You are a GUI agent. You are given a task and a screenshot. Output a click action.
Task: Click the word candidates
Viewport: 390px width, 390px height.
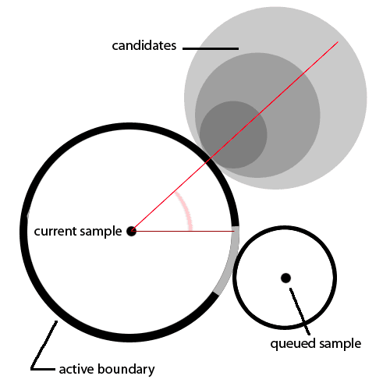(144, 46)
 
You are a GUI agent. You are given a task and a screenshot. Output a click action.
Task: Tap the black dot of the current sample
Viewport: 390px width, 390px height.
(131, 231)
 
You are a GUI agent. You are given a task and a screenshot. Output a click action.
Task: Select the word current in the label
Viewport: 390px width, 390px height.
(55, 231)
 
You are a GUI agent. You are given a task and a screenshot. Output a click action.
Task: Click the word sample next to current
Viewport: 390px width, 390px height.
(101, 232)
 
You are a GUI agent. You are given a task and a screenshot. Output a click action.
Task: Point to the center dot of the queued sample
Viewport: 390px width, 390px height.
(285, 278)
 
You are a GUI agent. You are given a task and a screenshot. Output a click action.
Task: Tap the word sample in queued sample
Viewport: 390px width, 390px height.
(340, 344)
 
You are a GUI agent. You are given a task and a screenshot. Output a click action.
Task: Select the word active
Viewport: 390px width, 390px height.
(76, 369)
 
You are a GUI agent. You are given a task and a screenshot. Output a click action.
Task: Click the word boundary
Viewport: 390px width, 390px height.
(126, 370)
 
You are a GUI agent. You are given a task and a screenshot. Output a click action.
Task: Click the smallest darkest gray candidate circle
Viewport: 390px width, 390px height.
(233, 135)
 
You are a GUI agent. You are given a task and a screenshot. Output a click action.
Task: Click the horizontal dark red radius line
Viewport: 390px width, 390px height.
(183, 231)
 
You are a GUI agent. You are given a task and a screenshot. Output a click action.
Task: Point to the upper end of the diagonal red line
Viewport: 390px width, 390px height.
(338, 41)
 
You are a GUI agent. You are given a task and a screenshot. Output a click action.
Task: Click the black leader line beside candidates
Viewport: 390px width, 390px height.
(211, 48)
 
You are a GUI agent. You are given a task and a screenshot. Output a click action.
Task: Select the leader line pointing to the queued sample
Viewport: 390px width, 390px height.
(300, 311)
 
